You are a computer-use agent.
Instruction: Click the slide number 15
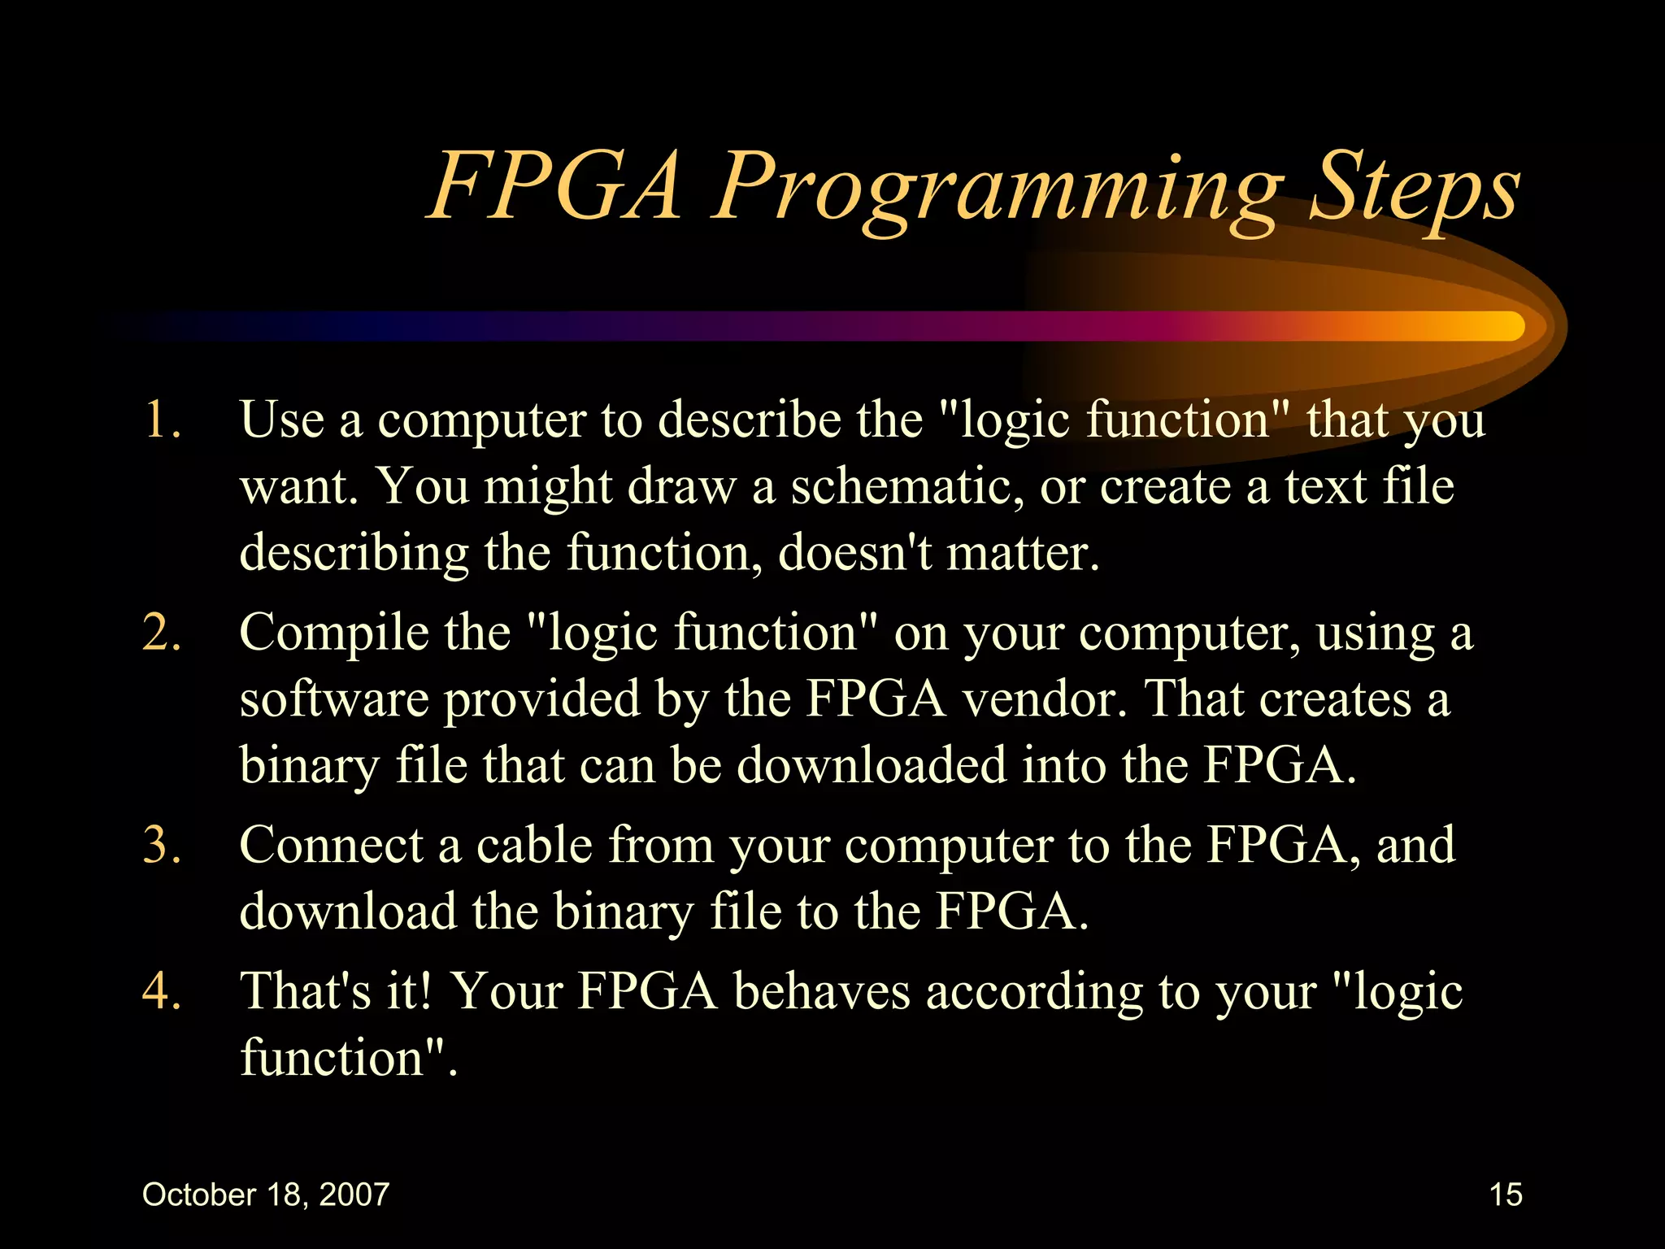tap(1506, 1195)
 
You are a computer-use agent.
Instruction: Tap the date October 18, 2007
tap(266, 1195)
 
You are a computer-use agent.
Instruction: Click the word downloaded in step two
tap(872, 766)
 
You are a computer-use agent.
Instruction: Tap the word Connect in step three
tap(331, 846)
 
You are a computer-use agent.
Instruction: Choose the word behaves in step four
tap(821, 992)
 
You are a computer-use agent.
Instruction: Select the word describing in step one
tap(354, 554)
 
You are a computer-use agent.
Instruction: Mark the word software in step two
tap(334, 700)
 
